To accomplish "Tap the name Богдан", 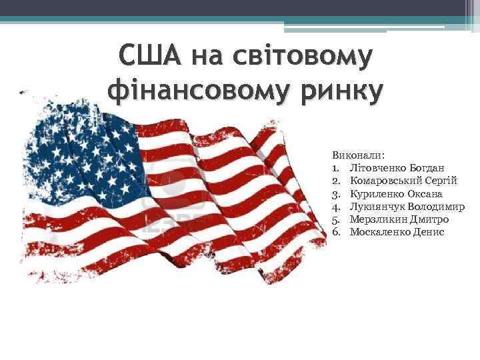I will tap(426, 168).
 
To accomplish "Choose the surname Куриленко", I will tap(375, 193).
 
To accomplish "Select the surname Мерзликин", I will tap(375, 219).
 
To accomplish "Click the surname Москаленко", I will tap(377, 231).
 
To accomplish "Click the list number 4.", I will tap(337, 206).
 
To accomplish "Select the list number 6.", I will tap(337, 231).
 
